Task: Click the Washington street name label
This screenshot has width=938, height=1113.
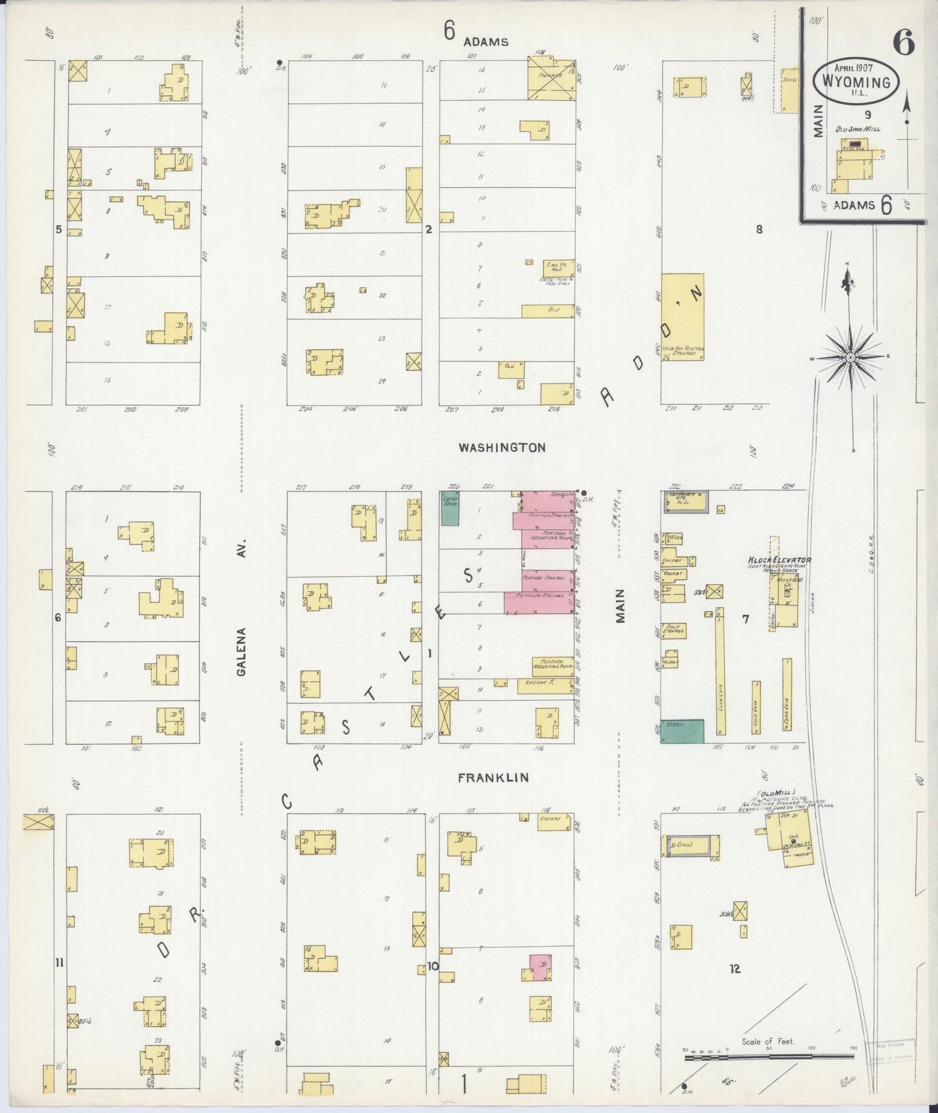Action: pos(502,447)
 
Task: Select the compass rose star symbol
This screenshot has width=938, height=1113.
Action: pos(850,358)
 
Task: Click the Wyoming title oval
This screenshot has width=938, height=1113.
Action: pos(856,81)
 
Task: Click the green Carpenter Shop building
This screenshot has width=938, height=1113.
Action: pos(450,508)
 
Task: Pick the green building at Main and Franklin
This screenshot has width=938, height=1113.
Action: pos(682,731)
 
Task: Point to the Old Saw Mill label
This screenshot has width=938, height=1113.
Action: pos(858,129)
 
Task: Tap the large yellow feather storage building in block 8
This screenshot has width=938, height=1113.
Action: pos(683,316)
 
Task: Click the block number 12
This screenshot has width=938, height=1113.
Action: pos(734,969)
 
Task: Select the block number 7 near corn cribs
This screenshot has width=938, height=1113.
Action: pos(745,619)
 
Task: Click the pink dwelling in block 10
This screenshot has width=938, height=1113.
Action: pos(540,966)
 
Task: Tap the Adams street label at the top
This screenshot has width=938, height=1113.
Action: pos(486,42)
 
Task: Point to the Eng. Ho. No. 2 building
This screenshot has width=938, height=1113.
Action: pos(558,268)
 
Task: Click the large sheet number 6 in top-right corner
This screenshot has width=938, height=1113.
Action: pos(903,44)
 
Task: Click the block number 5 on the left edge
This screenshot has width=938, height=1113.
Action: pos(58,229)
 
